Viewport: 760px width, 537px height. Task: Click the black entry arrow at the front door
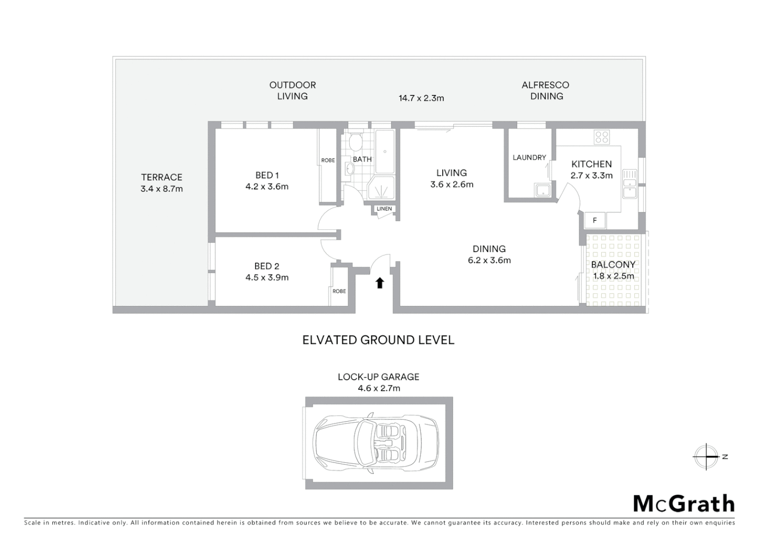pos(380,283)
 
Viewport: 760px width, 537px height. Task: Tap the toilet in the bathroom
pos(355,143)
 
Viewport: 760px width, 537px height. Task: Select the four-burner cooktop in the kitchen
pos(601,137)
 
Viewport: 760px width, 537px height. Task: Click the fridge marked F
pos(595,220)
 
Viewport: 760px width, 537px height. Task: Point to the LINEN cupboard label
pos(384,209)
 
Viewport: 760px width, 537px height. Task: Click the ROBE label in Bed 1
pos(328,160)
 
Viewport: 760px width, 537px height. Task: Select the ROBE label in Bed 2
pos(339,291)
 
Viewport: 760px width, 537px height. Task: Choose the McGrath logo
pos(683,504)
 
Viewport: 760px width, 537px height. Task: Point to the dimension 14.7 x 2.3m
pos(421,98)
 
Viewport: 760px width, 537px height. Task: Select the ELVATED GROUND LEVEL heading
pos(378,340)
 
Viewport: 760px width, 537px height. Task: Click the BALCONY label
pos(613,265)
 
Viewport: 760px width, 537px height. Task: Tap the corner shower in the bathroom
pos(382,189)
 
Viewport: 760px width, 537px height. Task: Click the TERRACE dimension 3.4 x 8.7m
pos(162,189)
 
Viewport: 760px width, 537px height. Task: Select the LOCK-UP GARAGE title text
pos(378,377)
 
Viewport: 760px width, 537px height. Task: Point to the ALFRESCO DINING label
pos(546,90)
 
